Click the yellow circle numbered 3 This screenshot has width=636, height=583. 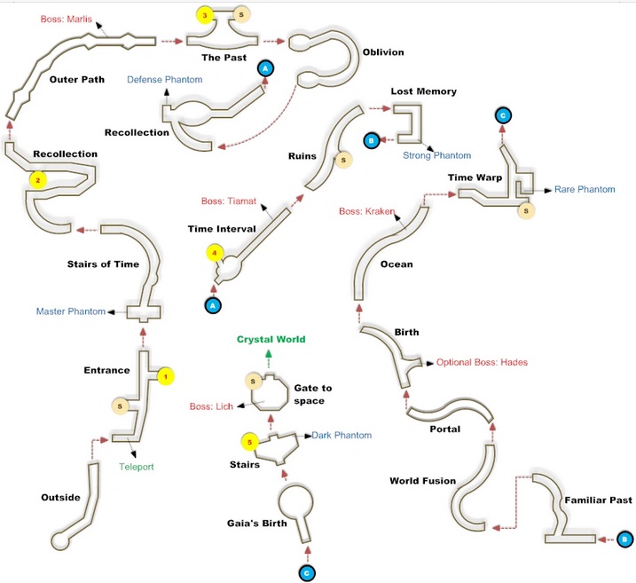click(x=205, y=15)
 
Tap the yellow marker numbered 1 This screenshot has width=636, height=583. click(x=166, y=376)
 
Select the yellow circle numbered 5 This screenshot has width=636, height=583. click(x=250, y=442)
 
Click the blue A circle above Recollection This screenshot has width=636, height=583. click(x=265, y=68)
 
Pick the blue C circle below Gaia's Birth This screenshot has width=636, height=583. click(x=307, y=573)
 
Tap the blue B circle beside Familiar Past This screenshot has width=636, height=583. click(x=624, y=540)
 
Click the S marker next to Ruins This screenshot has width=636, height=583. click(x=343, y=160)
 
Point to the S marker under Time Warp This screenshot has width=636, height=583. click(x=526, y=210)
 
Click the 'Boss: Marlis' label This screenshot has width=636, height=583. click(x=67, y=19)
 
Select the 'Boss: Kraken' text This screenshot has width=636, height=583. click(x=366, y=211)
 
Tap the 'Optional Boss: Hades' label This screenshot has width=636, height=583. click(x=482, y=362)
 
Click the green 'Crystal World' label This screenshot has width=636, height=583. click(x=271, y=339)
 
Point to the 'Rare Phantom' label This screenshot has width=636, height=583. click(x=585, y=190)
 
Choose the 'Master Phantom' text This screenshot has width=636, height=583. click(x=71, y=311)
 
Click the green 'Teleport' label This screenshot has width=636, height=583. click(x=137, y=467)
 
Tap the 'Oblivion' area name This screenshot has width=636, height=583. click(x=383, y=52)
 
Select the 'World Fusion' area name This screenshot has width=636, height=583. click(x=422, y=481)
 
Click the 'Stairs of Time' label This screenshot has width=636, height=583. click(x=103, y=264)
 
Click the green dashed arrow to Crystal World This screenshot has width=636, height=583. click(x=268, y=358)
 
